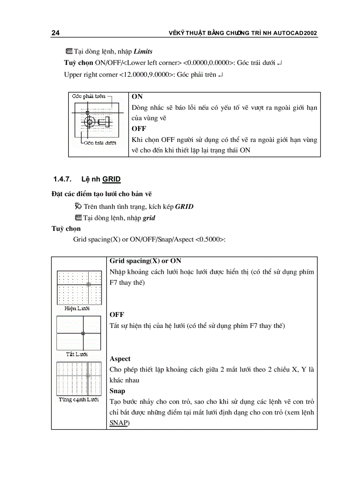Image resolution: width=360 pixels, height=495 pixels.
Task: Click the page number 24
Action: click(x=56, y=33)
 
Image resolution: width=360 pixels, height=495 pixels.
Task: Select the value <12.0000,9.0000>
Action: click(x=146, y=74)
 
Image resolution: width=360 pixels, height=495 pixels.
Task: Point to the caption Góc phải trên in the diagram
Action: click(x=89, y=96)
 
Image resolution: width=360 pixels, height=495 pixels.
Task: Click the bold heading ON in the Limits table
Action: click(x=137, y=97)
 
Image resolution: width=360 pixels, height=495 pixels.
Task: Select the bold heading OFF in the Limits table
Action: click(x=139, y=129)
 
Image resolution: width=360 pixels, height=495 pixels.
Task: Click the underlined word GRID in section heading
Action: click(x=112, y=179)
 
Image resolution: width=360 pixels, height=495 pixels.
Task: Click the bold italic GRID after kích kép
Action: click(x=184, y=206)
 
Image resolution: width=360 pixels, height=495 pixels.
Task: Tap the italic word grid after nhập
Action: click(x=149, y=218)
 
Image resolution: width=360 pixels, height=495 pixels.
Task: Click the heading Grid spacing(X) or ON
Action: click(x=145, y=261)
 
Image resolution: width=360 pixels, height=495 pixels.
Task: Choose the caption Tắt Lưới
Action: click(x=77, y=354)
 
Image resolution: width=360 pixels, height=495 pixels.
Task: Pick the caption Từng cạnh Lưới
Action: click(x=79, y=399)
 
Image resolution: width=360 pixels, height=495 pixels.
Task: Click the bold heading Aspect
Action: click(x=120, y=359)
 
